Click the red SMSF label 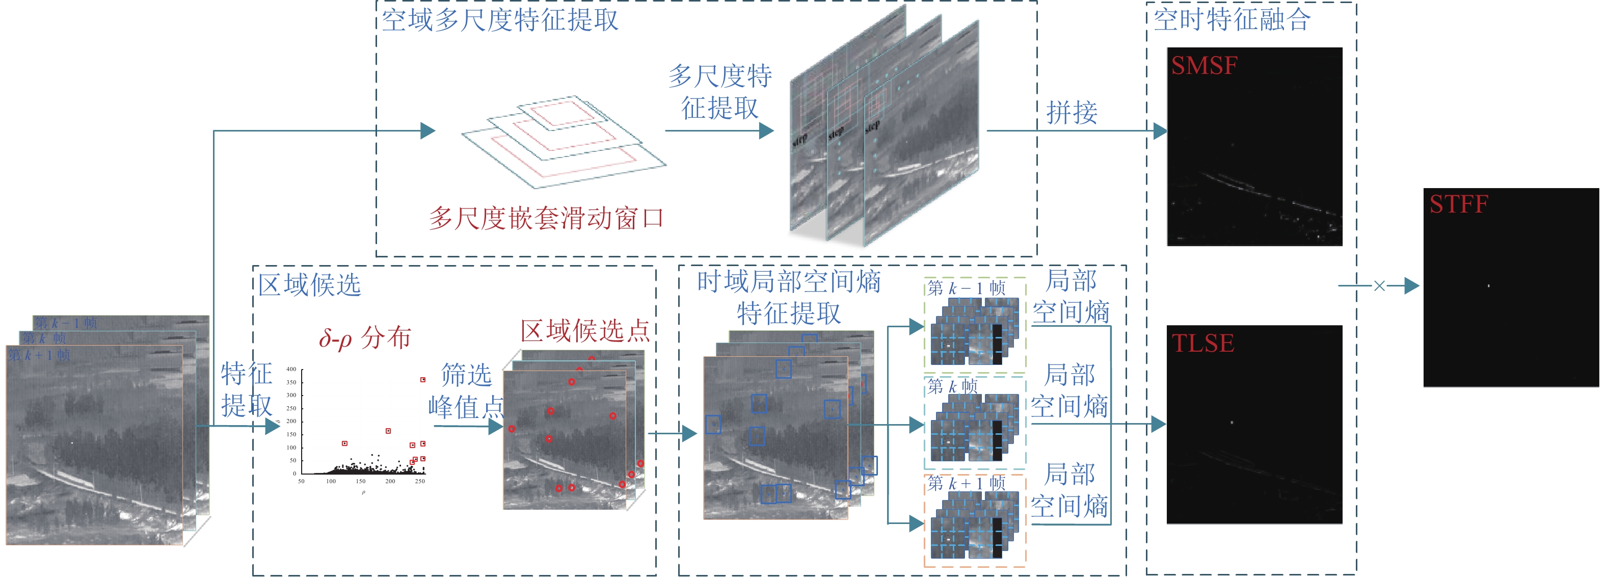(1203, 65)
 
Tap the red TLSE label (1202, 344)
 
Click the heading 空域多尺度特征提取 (500, 20)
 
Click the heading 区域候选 (310, 285)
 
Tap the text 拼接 (1071, 113)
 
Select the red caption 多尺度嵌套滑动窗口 (546, 218)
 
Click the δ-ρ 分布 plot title (364, 338)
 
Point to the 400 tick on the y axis (291, 370)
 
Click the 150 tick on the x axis (360, 481)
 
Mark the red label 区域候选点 (584, 330)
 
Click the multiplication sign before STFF (1379, 286)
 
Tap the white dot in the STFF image (1488, 286)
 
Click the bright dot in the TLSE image (1232, 423)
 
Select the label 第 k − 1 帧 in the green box (966, 288)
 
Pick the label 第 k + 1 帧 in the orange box (966, 483)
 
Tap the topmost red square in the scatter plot (422, 379)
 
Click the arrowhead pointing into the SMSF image (1160, 131)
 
